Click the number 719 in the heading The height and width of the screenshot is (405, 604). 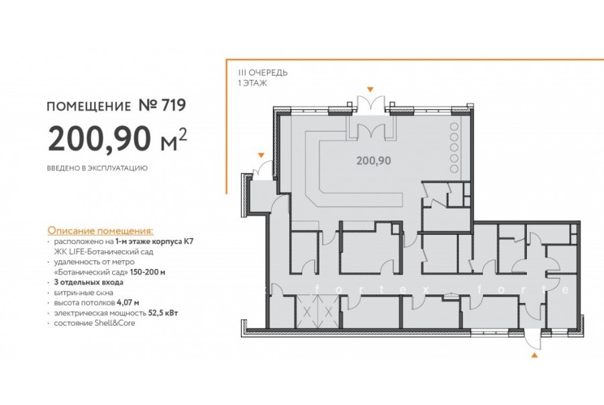click(174, 105)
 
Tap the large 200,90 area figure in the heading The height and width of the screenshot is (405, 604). click(99, 139)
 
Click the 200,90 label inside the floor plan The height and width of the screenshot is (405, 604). click(374, 160)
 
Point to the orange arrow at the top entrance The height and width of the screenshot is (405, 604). click(370, 89)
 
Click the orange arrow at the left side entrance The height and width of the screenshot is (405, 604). click(262, 155)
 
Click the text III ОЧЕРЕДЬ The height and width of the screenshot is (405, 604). click(262, 73)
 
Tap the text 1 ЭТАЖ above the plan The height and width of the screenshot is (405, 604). click(253, 82)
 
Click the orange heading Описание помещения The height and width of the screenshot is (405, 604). click(100, 231)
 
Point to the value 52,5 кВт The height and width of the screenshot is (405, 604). click(163, 312)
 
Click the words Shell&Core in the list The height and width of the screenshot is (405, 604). click(115, 323)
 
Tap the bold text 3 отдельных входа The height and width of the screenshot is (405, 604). click(89, 282)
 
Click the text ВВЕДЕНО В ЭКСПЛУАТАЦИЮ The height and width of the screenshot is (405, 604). click(97, 168)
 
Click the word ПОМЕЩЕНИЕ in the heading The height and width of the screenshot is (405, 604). click(89, 106)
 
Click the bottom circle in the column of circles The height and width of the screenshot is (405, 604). click(454, 168)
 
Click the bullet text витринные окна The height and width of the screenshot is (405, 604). click(84, 292)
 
